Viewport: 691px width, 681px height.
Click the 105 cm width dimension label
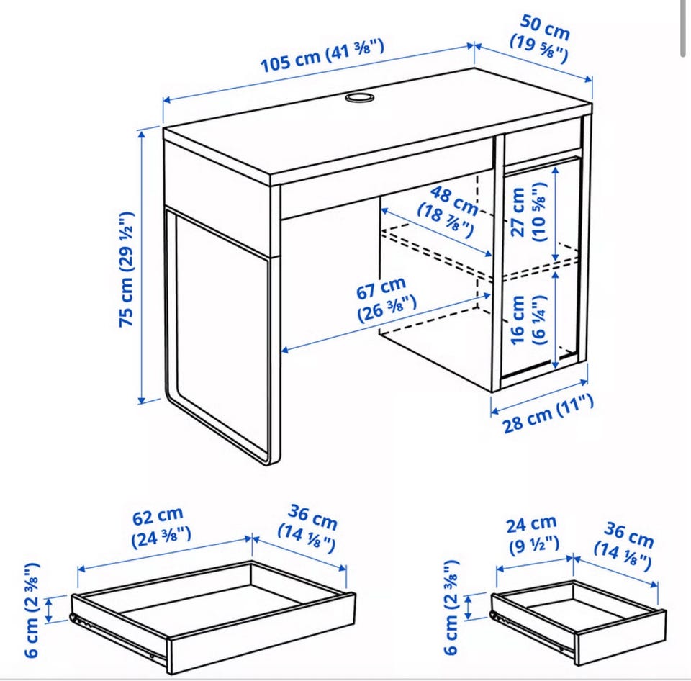coord(322,55)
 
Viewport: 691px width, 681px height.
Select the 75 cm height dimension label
coord(127,269)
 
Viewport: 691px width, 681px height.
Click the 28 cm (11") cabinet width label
coord(548,413)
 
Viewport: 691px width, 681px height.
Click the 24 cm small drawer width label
coord(533,535)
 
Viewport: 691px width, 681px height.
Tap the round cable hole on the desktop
coord(358,97)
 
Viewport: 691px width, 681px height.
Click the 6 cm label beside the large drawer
coord(32,610)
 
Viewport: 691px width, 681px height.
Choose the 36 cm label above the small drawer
coord(623,546)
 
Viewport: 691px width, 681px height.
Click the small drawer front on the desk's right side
coord(543,142)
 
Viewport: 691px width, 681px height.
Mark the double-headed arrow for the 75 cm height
coord(142,266)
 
